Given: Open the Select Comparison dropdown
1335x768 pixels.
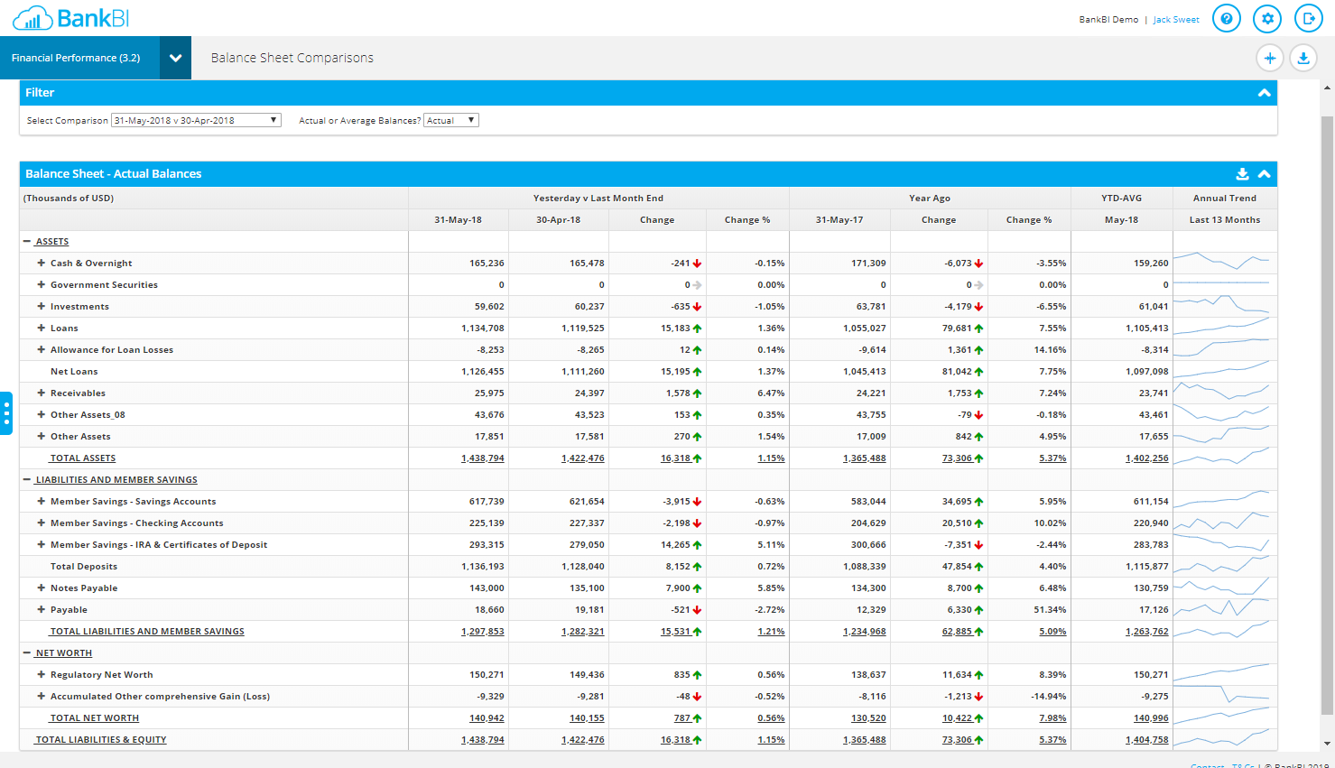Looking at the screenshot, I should (x=196, y=120).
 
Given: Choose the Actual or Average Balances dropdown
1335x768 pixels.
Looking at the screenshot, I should (x=451, y=120).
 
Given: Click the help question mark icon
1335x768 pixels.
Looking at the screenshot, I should (x=1226, y=18).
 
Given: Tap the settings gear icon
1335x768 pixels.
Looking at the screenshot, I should (x=1267, y=18).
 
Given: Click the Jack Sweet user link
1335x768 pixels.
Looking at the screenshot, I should (x=1175, y=19).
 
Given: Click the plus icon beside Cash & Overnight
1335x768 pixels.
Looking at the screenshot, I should (x=41, y=263).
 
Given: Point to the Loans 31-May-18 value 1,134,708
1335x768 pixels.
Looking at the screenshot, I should (x=482, y=328).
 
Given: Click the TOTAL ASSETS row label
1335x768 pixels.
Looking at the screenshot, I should (x=82, y=458).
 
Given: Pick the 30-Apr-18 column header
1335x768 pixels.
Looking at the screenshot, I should (x=558, y=220).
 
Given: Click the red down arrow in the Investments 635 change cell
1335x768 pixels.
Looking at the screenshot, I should (x=697, y=307).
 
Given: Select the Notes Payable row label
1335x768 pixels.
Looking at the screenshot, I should (x=84, y=588).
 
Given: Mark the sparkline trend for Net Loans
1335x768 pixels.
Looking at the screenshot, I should (x=1224, y=371).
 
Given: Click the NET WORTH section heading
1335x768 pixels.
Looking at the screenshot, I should (x=63, y=653).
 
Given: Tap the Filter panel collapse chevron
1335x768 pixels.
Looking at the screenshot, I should (x=1264, y=93).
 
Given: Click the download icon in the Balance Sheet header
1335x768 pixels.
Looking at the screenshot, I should (x=1242, y=174).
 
